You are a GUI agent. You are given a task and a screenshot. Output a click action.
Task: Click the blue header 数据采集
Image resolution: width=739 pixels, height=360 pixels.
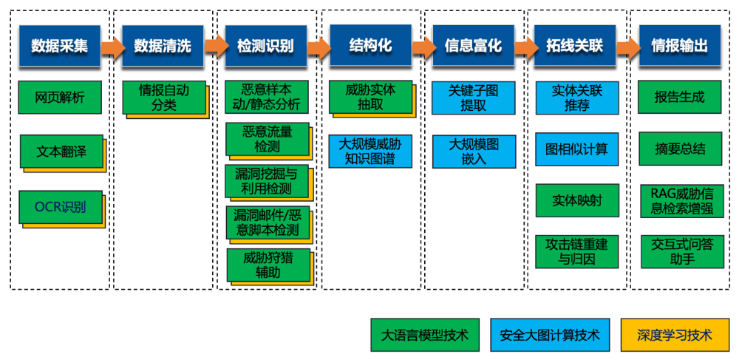click(x=59, y=46)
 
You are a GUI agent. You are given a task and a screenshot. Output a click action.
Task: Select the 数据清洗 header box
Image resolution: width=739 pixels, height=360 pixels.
click(x=163, y=46)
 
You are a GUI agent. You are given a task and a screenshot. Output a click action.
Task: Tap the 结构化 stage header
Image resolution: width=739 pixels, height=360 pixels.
click(x=369, y=44)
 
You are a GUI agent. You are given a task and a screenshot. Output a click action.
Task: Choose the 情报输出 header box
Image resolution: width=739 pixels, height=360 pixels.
click(x=679, y=46)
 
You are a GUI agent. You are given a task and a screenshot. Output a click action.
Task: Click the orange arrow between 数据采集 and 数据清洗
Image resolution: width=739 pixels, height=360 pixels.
click(x=112, y=47)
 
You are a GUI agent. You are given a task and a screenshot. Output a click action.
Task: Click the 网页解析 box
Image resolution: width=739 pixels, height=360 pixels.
click(x=59, y=97)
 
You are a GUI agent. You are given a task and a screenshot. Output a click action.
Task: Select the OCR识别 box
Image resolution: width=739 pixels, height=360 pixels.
click(x=60, y=207)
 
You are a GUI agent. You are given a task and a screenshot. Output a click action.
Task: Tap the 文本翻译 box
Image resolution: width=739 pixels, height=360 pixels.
click(x=61, y=152)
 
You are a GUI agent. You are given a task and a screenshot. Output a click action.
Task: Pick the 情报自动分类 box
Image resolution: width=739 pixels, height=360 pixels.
click(x=163, y=98)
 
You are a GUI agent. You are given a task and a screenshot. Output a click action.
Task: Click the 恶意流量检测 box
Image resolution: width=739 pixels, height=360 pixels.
click(x=267, y=139)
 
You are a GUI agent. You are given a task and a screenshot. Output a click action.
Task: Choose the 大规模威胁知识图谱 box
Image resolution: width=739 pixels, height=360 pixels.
click(x=369, y=151)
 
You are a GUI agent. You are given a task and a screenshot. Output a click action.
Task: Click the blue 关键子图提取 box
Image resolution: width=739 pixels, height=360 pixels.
click(x=473, y=98)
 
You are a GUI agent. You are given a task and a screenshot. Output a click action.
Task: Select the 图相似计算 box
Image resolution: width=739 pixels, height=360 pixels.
click(x=576, y=149)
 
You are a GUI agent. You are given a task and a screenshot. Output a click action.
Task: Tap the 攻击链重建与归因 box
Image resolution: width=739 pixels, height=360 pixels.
click(x=576, y=251)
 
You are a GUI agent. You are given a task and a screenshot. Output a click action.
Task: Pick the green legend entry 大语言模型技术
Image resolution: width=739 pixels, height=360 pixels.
click(x=424, y=335)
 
